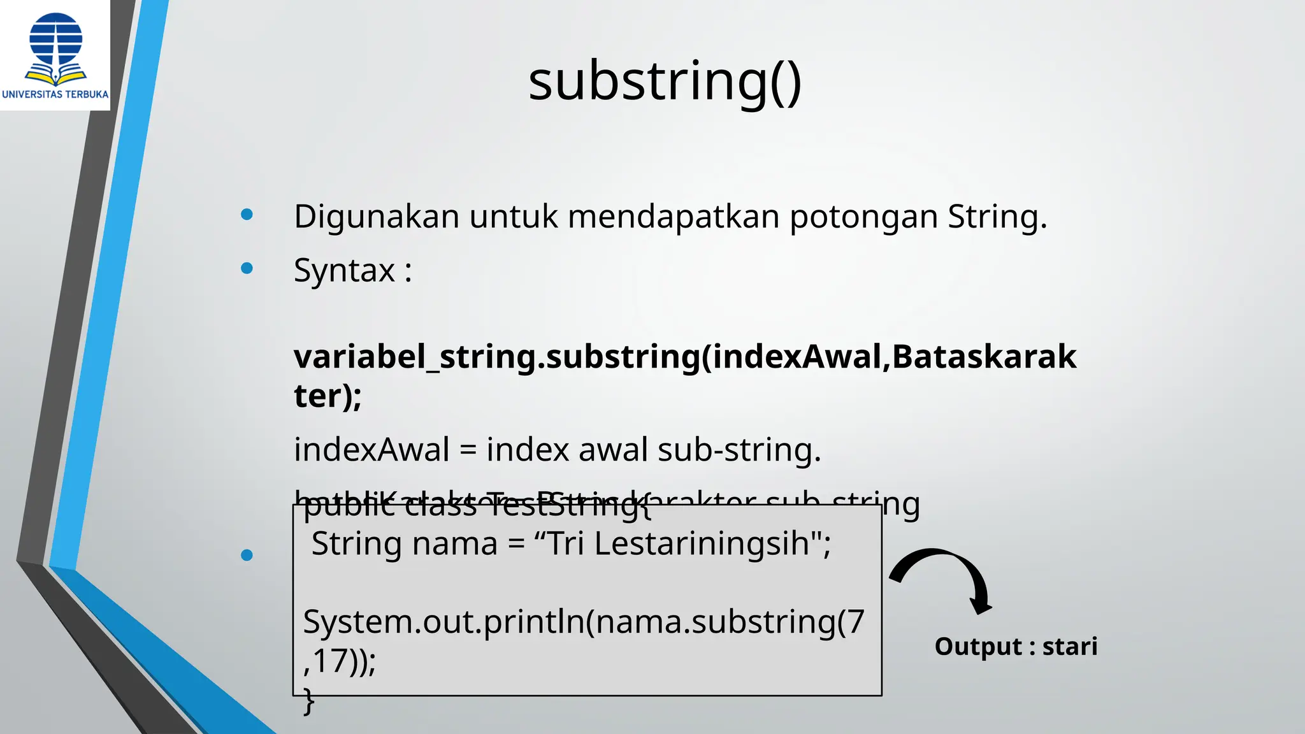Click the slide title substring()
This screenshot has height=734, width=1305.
point(665,82)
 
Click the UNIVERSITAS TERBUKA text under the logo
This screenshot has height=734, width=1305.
point(55,94)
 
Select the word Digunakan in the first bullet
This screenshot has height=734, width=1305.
point(377,217)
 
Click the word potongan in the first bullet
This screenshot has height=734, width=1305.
point(863,217)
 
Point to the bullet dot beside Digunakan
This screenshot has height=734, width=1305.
point(247,215)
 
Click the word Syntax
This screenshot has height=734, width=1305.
point(344,271)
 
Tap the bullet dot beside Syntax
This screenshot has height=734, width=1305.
point(247,268)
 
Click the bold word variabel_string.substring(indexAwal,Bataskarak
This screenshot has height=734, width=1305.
point(685,356)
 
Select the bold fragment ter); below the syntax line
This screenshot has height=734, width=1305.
point(328,396)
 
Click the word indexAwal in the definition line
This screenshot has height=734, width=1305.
point(371,450)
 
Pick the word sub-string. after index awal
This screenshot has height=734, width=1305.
point(739,450)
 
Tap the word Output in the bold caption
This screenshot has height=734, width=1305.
point(978,647)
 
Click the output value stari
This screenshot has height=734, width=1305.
point(1070,647)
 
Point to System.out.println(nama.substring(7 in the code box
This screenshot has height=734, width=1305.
point(584,622)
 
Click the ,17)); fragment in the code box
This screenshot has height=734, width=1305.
point(340,661)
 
